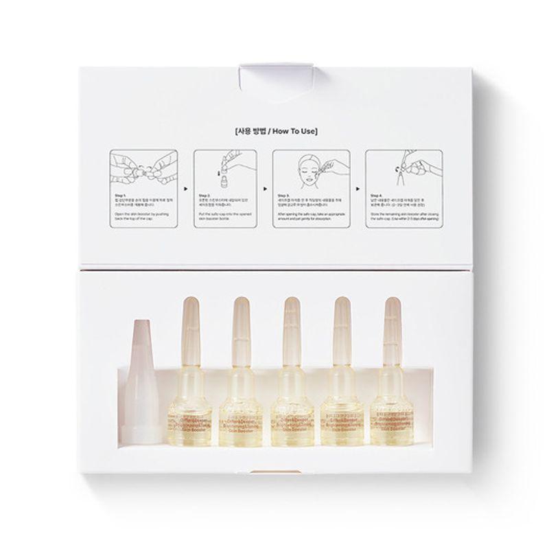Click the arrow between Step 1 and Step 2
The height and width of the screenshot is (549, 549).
tap(185, 185)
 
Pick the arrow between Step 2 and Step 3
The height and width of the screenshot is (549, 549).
tap(264, 185)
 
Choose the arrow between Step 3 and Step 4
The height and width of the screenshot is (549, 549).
tap(356, 185)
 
